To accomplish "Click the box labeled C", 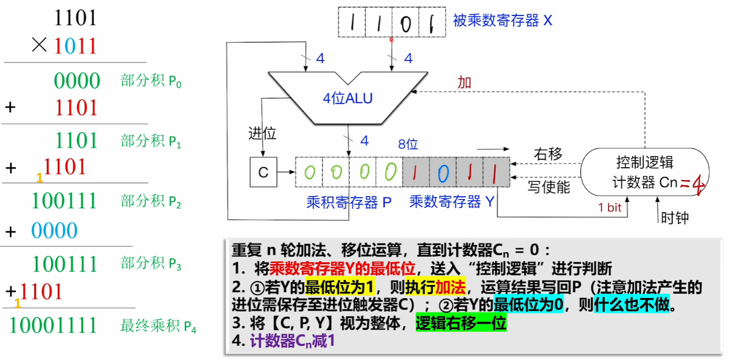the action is click(263, 172).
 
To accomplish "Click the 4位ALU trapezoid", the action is click(348, 97).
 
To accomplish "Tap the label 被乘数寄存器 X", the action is click(502, 21).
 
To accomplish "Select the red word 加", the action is click(465, 82).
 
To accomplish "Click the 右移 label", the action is click(548, 154).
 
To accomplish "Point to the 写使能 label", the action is click(549, 187).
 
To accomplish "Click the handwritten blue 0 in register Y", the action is click(443, 173).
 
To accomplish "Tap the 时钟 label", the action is click(675, 218).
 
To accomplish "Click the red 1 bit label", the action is click(610, 208).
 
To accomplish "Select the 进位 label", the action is click(262, 133).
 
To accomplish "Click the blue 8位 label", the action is click(408, 144).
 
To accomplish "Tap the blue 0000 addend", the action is click(54, 231).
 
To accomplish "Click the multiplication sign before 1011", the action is click(38, 46).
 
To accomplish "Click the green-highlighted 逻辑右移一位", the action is click(461, 324).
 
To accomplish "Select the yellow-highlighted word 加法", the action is click(451, 288).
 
